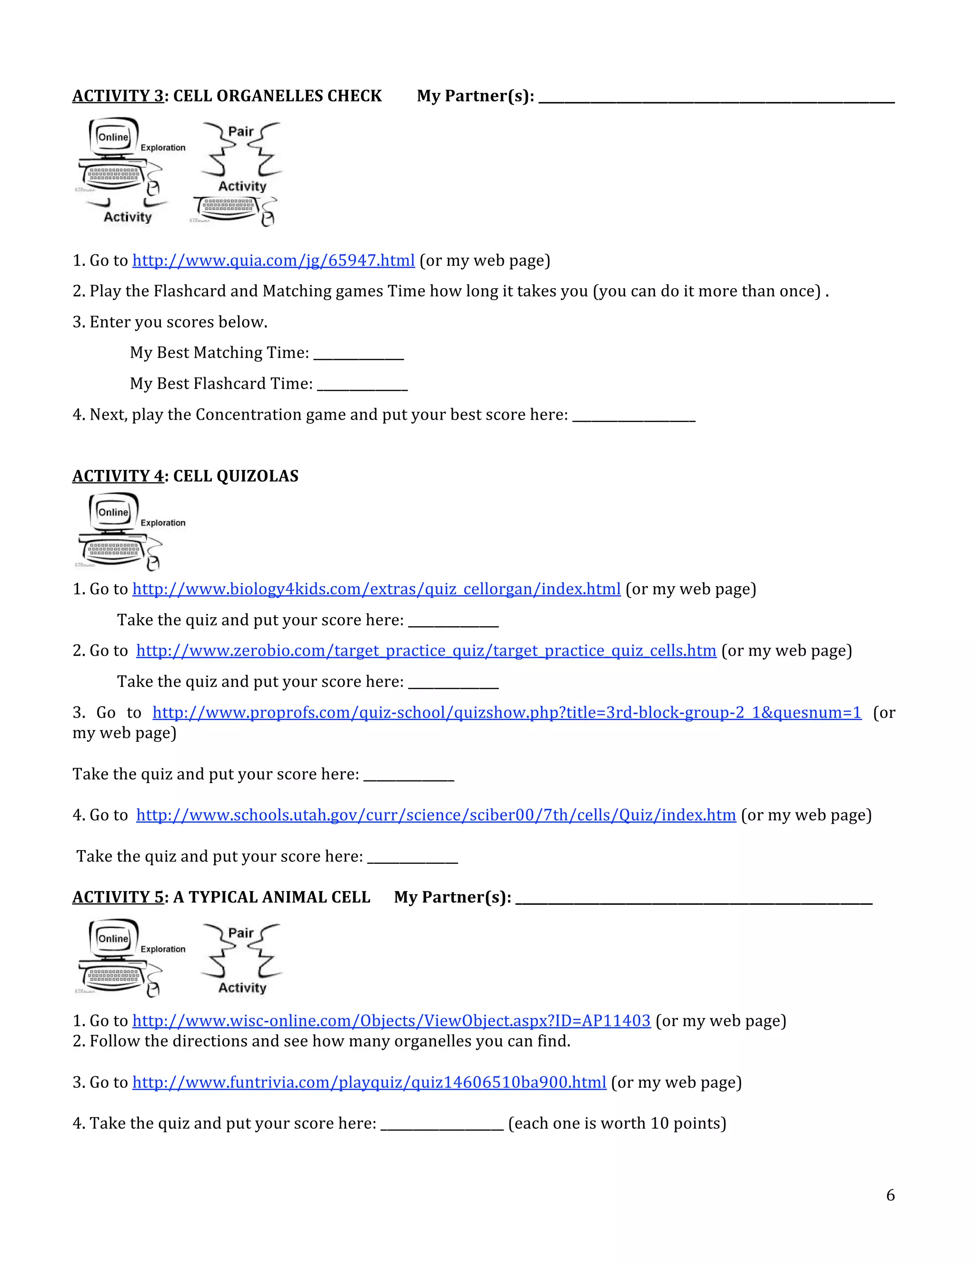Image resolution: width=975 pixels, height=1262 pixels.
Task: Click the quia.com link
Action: pos(274,260)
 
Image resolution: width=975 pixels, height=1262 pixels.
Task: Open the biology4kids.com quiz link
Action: pos(377,590)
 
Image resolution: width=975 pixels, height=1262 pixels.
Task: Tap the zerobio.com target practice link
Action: pos(426,651)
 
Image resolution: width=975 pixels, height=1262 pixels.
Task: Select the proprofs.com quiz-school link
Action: pos(507,712)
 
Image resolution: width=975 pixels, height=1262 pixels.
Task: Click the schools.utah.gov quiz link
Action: pos(436,815)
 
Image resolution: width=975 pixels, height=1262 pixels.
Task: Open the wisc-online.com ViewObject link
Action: pos(392,1021)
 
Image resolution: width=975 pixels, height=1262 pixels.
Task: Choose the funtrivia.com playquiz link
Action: pos(369,1082)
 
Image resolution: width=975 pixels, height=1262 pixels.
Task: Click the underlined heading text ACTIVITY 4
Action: pos(119,476)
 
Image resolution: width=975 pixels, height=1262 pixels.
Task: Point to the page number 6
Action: pos(891,1195)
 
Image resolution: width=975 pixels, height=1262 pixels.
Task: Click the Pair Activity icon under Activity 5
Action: pos(241,960)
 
